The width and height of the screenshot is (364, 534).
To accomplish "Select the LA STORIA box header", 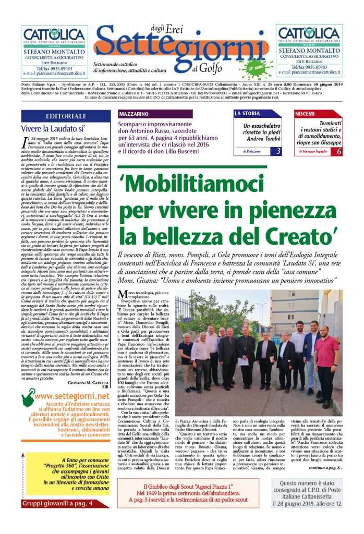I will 256,113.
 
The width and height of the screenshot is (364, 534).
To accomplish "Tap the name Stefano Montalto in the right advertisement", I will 309,51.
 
